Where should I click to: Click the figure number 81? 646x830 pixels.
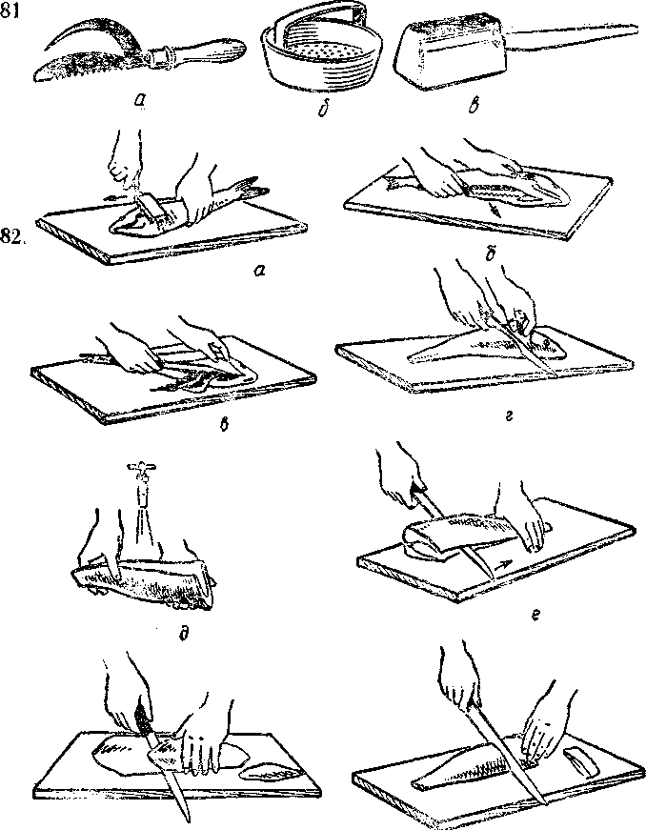point(10,10)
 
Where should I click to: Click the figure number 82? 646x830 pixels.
point(13,236)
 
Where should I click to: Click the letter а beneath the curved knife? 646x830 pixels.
point(140,99)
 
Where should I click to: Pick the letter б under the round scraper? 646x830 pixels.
point(322,109)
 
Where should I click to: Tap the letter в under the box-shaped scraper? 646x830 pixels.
point(474,104)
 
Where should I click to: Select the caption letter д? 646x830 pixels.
point(184,632)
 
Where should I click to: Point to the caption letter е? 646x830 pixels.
point(536,615)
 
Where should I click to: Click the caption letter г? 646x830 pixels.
point(508,416)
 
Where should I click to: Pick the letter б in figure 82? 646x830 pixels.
point(491,256)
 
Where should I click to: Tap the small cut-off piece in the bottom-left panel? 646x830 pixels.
point(269,770)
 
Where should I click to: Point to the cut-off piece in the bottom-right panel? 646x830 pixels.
point(581,760)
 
